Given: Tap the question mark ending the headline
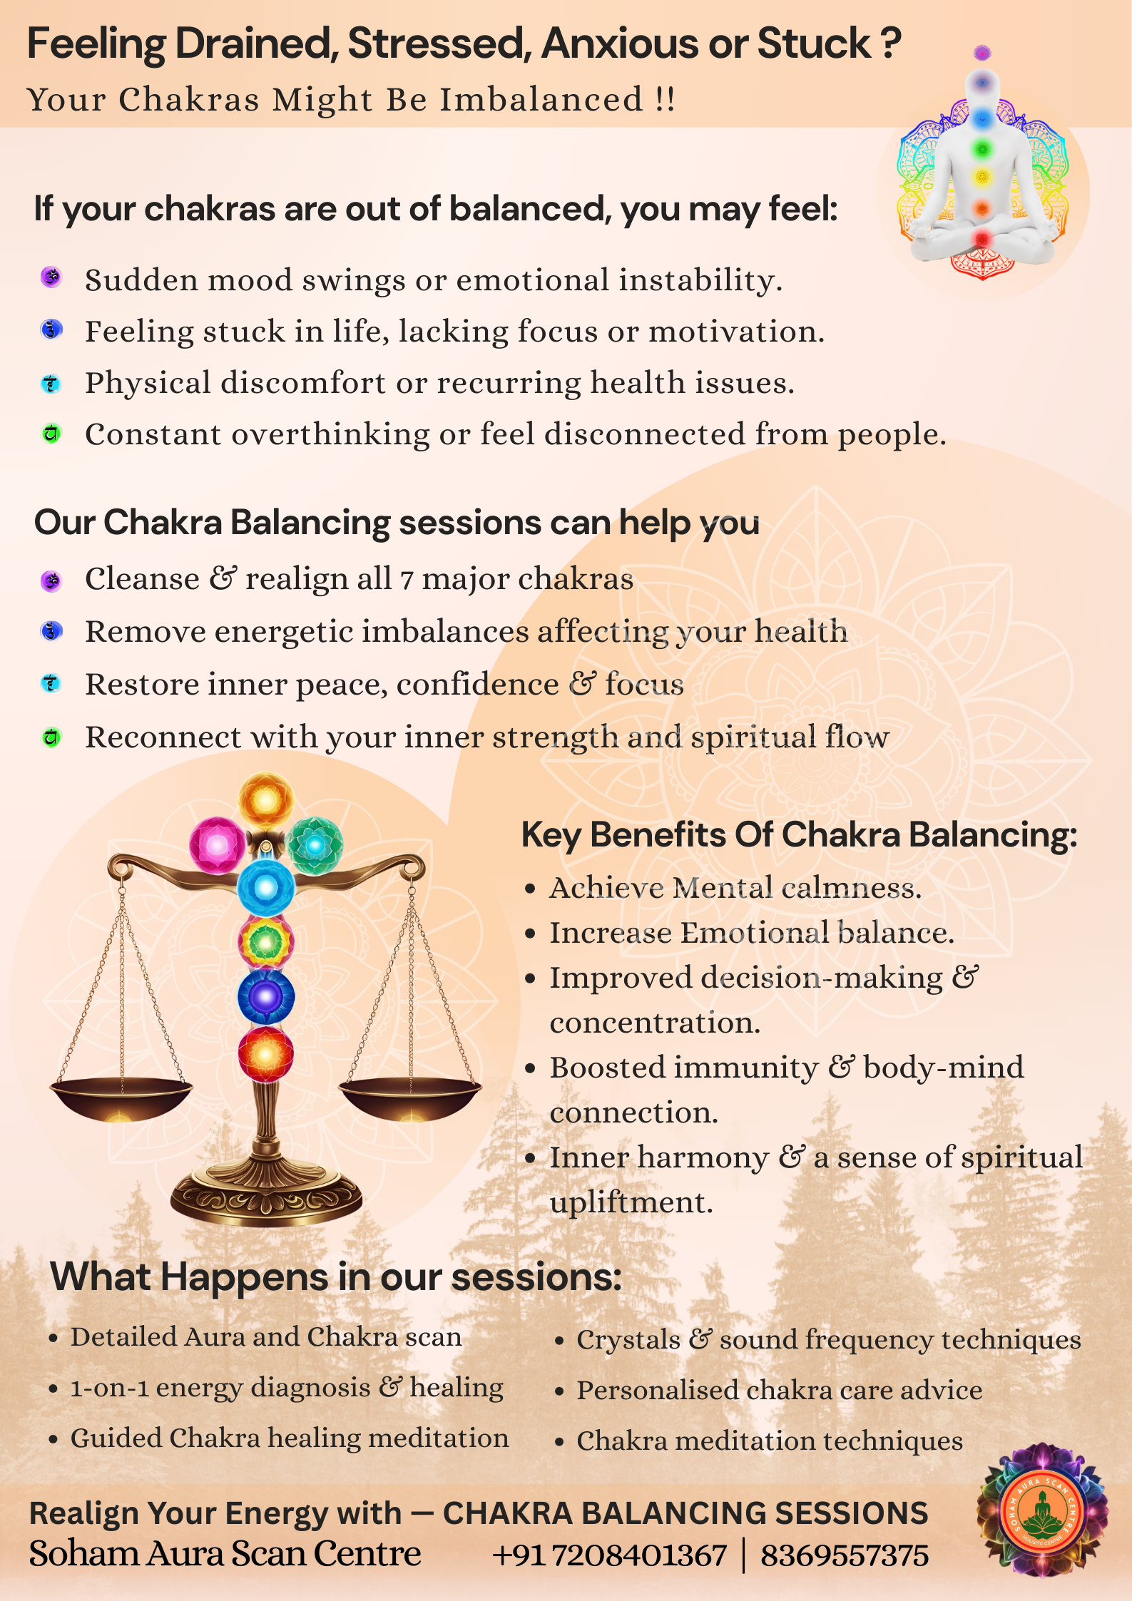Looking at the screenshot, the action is tap(890, 44).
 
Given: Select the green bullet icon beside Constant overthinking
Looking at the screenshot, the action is tap(51, 433).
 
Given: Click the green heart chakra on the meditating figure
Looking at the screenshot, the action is tap(983, 149).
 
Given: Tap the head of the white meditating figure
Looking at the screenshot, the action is tap(983, 84).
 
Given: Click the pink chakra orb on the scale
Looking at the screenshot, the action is tap(217, 845).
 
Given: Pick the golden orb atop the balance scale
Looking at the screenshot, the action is tap(266, 800).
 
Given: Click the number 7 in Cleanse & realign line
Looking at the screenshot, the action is tap(407, 580).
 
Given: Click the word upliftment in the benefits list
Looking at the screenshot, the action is tap(631, 1203).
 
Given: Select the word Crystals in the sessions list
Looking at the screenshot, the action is tap(628, 1340).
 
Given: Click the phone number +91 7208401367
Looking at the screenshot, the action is tap(610, 1555).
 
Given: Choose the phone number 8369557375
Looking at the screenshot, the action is tap(845, 1555).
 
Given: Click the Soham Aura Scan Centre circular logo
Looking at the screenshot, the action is tap(1043, 1510).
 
